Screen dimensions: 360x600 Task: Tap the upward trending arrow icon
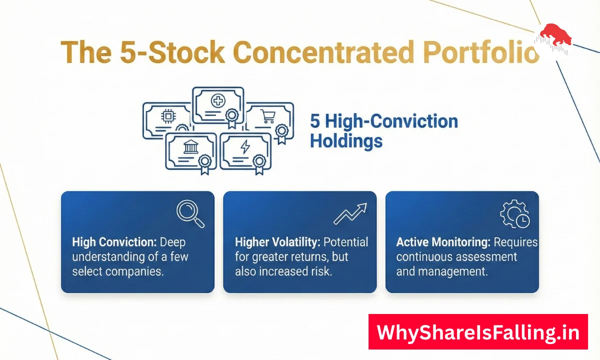pyautogui.click(x=350, y=213)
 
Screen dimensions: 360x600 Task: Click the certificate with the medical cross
pyautogui.click(x=218, y=106)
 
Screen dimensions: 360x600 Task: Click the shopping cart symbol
pyautogui.click(x=268, y=116)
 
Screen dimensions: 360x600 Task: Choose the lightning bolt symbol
pyautogui.click(x=245, y=147)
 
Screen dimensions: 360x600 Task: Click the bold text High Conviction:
pyautogui.click(x=114, y=242)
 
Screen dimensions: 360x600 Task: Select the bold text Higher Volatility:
pyautogui.click(x=277, y=242)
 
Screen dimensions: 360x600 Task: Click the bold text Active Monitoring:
pyautogui.click(x=443, y=242)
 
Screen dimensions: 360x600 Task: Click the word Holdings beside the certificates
pyautogui.click(x=346, y=141)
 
